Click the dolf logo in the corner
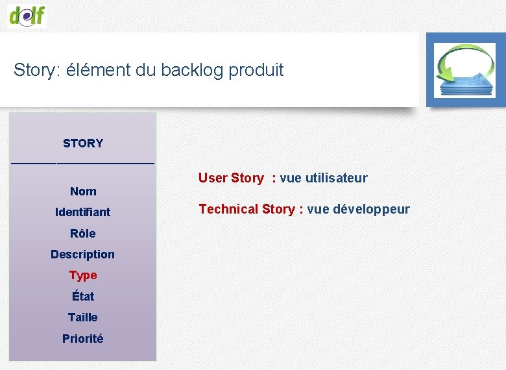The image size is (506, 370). (x=28, y=14)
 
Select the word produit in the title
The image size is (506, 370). (x=256, y=70)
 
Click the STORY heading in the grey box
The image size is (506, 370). (x=83, y=143)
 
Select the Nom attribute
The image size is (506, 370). (x=83, y=191)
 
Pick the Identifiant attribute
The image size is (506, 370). (x=83, y=212)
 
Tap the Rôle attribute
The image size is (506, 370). (x=83, y=234)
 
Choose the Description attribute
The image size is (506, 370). (x=83, y=254)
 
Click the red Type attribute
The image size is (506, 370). (x=83, y=275)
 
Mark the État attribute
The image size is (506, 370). (x=83, y=297)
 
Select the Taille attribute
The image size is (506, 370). (x=83, y=317)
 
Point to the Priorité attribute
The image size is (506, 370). (x=83, y=339)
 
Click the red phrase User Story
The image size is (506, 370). (x=231, y=178)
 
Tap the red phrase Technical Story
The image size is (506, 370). (x=247, y=209)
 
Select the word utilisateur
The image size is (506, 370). (x=335, y=178)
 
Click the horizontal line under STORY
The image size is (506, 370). (x=83, y=163)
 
